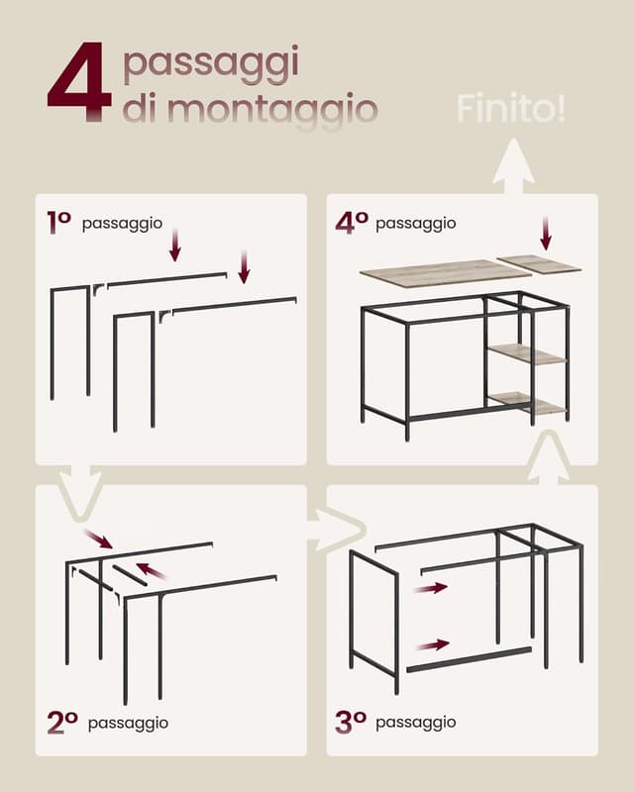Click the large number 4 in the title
79,82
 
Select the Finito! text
511,108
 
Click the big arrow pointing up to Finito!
514,166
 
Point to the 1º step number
59,222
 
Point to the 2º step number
62,723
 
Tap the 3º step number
351,722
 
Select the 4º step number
352,223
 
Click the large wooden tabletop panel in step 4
446,273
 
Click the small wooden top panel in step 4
539,263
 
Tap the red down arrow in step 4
545,233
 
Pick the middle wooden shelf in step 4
527,353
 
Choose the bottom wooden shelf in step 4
527,403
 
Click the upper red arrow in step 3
431,588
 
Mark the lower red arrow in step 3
433,645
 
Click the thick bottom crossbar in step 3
470,659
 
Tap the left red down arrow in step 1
175,245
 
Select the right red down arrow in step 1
245,266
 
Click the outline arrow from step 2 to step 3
336,530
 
